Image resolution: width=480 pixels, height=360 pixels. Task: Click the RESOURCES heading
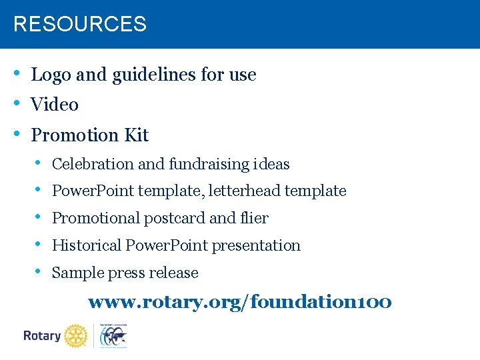(80, 25)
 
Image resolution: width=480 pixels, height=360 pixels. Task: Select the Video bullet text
(55, 105)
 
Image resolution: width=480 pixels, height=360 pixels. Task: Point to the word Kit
(136, 135)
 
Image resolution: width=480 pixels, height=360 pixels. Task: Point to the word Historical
(86, 246)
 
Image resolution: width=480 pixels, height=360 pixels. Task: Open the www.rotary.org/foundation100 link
(240, 303)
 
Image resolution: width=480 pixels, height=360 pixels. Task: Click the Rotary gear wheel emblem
(76, 336)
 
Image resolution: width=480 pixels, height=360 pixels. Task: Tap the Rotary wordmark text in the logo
(42, 336)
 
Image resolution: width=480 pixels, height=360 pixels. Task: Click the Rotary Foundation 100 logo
(113, 336)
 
